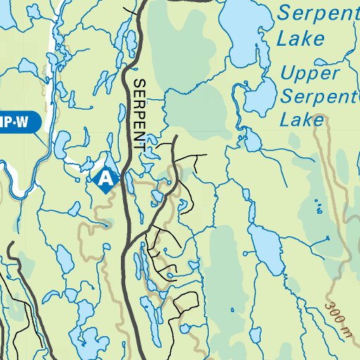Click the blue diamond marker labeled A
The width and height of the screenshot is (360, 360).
pos(105,177)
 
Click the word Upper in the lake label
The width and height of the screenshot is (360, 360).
pos(309,72)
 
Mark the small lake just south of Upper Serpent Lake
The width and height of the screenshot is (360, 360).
pos(252,141)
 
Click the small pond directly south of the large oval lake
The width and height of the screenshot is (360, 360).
pos(232,309)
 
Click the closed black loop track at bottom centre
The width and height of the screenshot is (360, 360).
pos(187,304)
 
